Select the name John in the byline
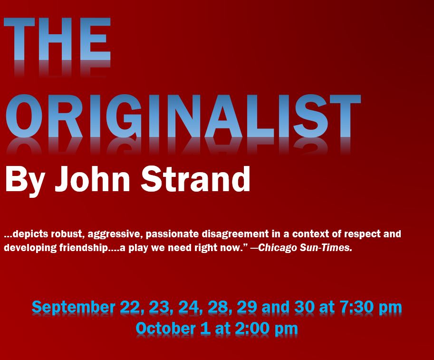[x=92, y=179]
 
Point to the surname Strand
[x=196, y=179]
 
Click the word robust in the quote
[x=67, y=234]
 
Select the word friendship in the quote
[x=83, y=248]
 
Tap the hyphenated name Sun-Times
[x=326, y=247]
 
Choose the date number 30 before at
[x=304, y=307]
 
